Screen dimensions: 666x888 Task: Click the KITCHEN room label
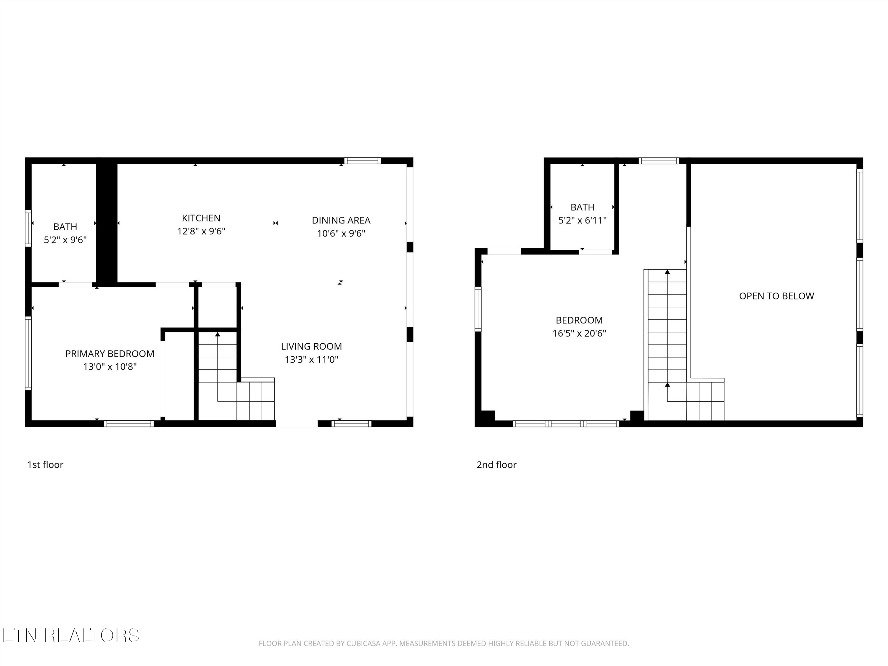coord(201,218)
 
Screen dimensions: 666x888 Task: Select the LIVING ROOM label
coord(311,346)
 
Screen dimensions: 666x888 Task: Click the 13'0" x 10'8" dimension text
coord(110,366)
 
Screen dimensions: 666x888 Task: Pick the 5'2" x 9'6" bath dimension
coord(65,240)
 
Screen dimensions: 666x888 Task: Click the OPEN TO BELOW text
coord(776,296)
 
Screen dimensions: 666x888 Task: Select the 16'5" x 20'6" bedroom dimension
coord(579,333)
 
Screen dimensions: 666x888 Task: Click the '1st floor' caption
coord(45,464)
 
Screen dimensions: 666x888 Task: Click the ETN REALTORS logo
coord(71,636)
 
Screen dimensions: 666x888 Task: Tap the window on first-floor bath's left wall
coord(28,228)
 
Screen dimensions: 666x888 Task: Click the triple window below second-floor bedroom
coord(566,424)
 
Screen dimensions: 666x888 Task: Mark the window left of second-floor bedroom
coord(478,309)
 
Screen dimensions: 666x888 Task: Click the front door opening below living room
coord(297,424)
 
